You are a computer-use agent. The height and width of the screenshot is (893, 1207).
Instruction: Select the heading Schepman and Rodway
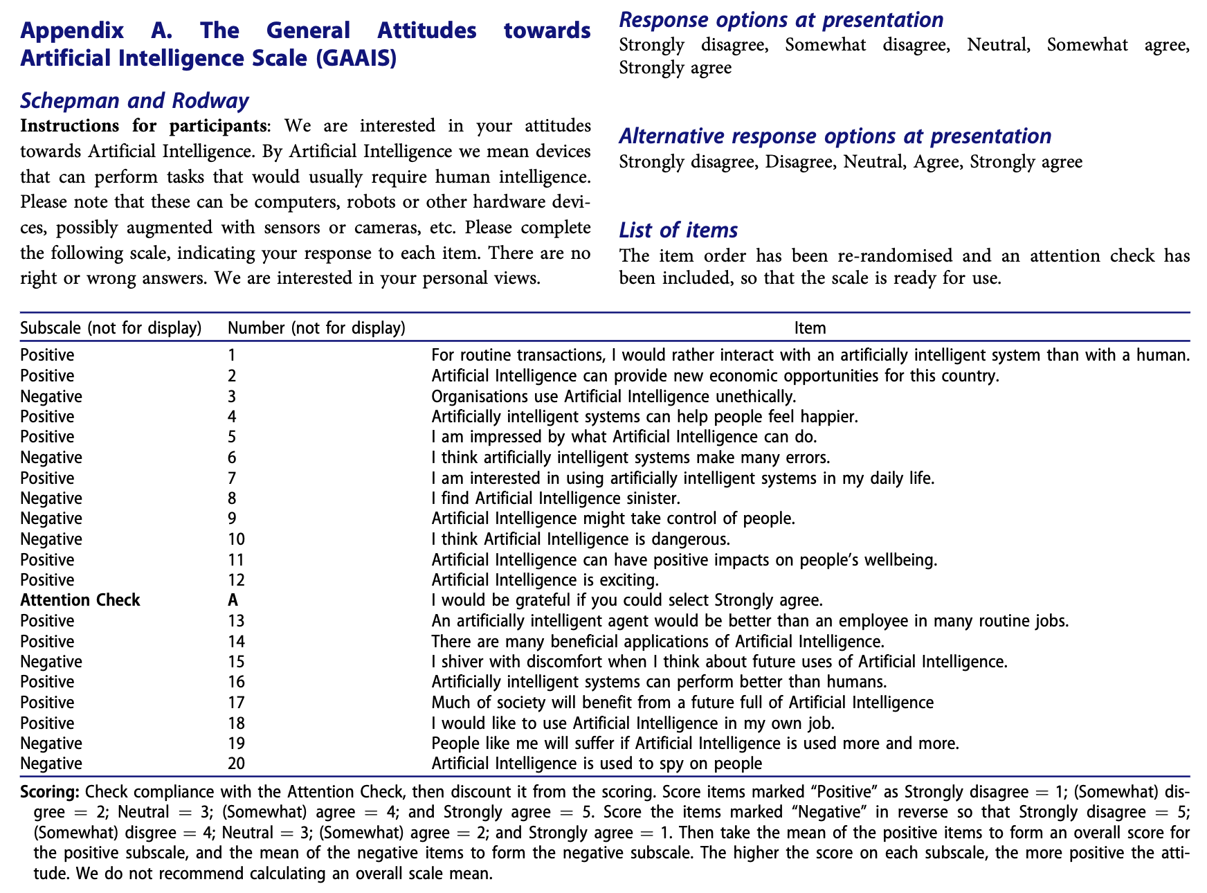[x=134, y=101]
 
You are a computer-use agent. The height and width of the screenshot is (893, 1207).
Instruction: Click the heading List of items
[x=678, y=230]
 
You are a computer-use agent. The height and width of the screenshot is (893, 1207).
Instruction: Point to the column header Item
[x=810, y=328]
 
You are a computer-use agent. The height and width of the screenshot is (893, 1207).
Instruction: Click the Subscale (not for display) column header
[x=111, y=328]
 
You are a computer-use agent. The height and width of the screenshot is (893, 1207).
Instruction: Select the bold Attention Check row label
[x=80, y=600]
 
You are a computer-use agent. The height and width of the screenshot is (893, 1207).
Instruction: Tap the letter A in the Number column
[x=233, y=600]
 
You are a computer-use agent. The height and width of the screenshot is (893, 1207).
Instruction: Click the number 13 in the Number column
[x=236, y=621]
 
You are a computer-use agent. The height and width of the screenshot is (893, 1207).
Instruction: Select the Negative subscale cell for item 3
[x=51, y=397]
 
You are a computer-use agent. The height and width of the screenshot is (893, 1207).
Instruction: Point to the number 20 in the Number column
[x=236, y=764]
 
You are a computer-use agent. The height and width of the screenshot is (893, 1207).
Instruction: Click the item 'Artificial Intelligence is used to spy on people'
[x=596, y=764]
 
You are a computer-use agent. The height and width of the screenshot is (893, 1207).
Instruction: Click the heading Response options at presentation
[x=781, y=19]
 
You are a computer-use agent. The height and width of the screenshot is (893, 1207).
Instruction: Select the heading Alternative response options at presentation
[x=835, y=136]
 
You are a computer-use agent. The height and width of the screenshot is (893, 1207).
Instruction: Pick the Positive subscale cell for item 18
[x=47, y=723]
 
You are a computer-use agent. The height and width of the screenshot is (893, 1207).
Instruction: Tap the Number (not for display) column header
[x=316, y=328]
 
